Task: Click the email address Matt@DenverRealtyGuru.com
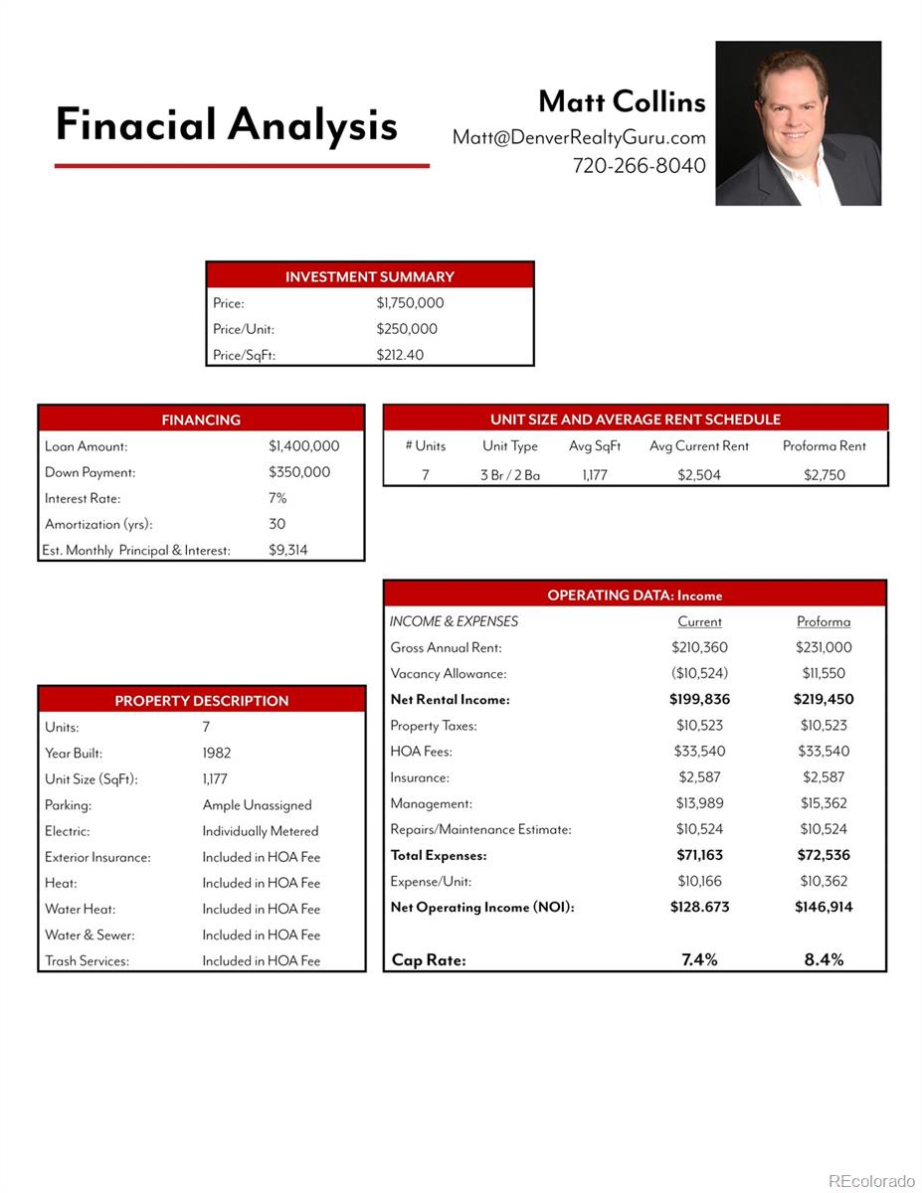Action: (x=579, y=137)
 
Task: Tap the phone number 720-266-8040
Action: (x=639, y=166)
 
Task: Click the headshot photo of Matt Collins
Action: (x=798, y=123)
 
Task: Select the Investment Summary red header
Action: (x=369, y=276)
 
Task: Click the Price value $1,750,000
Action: (x=410, y=303)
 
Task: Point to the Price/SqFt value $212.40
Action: (x=400, y=355)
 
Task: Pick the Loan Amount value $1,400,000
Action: (x=303, y=446)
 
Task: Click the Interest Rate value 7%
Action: (x=277, y=498)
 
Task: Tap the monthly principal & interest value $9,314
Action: (x=287, y=550)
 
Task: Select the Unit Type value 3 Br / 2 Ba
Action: (x=510, y=475)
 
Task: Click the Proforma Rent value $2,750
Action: (x=824, y=475)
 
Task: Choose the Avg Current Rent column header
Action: (x=699, y=446)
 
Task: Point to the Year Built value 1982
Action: (x=217, y=754)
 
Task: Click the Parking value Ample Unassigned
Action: (x=257, y=805)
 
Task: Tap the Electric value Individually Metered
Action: (x=261, y=831)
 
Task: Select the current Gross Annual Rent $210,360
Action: (x=699, y=647)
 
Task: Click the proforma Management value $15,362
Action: (x=824, y=803)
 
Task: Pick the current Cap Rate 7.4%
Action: (x=699, y=959)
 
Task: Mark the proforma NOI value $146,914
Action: (x=824, y=907)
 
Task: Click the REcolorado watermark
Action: (x=870, y=1181)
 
